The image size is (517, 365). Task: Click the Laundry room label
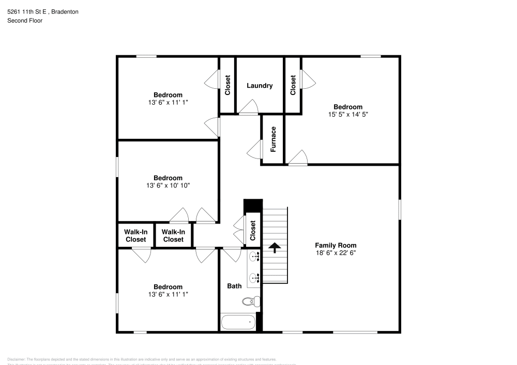(260, 86)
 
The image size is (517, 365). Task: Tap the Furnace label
(273, 139)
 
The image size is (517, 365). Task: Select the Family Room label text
(336, 245)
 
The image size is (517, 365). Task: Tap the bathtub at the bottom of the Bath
(238, 322)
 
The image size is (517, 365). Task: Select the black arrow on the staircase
(275, 248)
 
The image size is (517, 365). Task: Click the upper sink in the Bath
(254, 257)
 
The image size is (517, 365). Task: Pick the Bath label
(234, 285)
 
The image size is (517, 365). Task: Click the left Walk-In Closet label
(135, 236)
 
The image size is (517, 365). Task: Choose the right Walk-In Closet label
(173, 236)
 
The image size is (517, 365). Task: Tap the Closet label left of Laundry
(227, 86)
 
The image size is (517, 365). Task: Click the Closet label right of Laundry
(293, 86)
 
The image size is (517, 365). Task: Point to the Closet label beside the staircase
(253, 231)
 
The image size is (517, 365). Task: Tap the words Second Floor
(25, 21)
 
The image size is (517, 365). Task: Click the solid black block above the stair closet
(253, 205)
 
